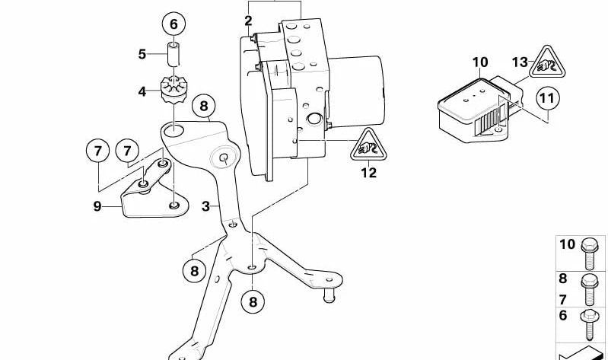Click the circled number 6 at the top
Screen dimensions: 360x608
173,24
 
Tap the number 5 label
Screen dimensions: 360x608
142,54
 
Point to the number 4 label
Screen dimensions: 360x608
142,92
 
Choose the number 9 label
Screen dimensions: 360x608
97,205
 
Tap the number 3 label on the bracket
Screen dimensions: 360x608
205,206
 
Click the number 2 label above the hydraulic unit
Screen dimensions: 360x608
248,20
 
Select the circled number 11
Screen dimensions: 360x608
546,98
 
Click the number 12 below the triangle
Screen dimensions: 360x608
368,173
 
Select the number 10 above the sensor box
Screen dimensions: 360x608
479,62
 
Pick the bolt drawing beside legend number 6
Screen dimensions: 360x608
590,323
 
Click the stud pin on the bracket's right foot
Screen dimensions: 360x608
330,295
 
